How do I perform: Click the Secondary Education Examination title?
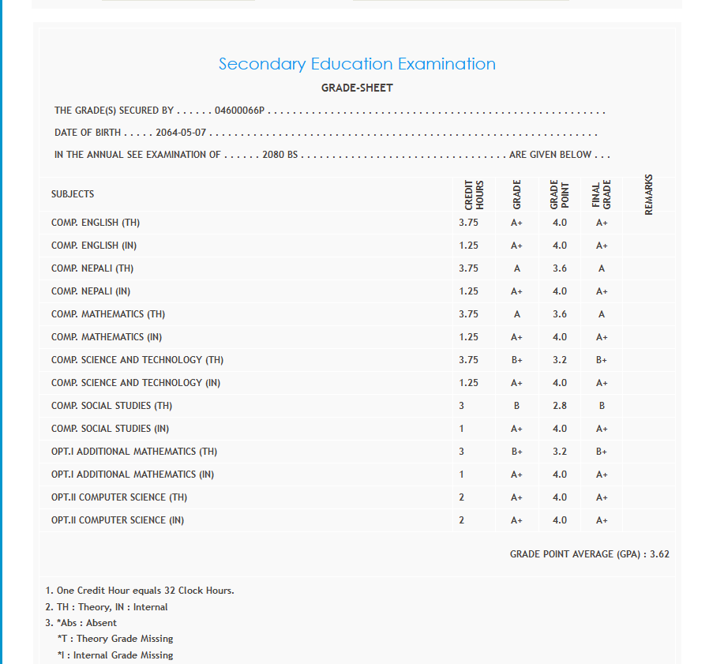coord(357,64)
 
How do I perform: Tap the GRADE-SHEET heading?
coord(357,88)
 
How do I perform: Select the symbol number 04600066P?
coord(240,111)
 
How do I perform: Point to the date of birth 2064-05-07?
coord(181,133)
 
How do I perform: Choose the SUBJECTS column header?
coord(73,194)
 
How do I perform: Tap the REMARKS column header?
coord(649,194)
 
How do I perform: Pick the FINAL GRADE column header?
coord(602,194)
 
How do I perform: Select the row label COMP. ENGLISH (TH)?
coord(96,223)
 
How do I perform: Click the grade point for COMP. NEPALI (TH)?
coord(560,268)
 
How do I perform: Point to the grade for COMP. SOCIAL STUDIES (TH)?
coord(517,406)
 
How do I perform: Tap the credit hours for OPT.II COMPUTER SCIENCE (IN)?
coord(462,520)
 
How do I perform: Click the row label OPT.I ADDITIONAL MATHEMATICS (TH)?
coord(134,452)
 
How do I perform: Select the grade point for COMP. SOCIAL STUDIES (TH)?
coord(560,406)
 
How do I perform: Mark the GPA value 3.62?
coord(659,554)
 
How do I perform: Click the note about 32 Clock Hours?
coord(140,591)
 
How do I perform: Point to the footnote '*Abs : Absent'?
coord(81,623)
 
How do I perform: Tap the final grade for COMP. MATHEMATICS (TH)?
coord(602,314)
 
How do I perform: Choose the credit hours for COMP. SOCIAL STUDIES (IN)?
coord(462,429)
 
